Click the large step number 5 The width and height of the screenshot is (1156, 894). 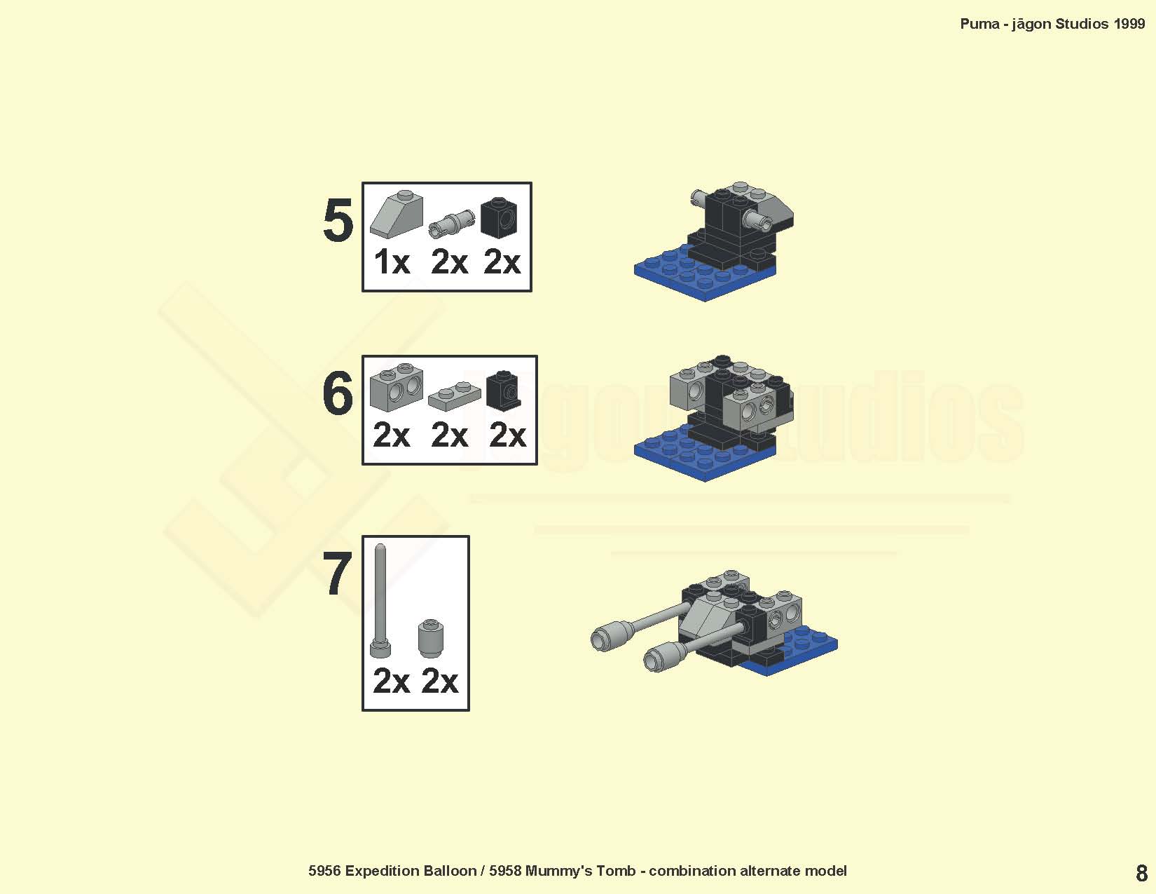point(338,219)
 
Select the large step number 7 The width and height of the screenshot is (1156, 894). point(337,574)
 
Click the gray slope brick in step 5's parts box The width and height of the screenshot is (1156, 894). point(397,214)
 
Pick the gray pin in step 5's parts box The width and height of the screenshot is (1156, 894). point(452,224)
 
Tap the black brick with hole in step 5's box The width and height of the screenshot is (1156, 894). point(498,218)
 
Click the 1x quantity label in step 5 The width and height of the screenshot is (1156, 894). point(392,262)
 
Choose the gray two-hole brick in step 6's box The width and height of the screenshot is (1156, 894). point(397,387)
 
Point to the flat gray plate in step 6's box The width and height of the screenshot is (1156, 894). point(454,396)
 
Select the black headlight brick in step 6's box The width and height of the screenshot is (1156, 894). point(503,391)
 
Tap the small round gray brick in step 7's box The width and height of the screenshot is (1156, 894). point(430,638)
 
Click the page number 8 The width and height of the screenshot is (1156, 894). point(1141,873)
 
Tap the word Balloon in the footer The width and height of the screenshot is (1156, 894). point(450,871)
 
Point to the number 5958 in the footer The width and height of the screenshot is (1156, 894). point(505,871)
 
